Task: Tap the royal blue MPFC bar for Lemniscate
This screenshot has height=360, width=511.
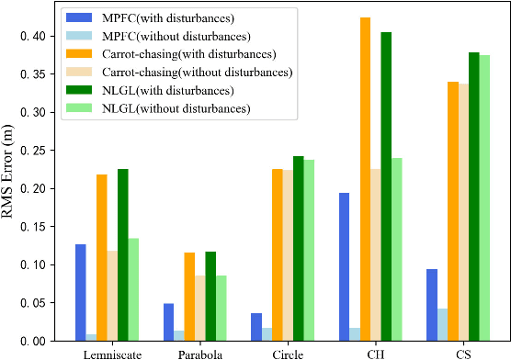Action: click(81, 292)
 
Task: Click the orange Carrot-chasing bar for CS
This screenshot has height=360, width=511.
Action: click(454, 211)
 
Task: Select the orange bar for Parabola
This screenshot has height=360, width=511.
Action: click(189, 297)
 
